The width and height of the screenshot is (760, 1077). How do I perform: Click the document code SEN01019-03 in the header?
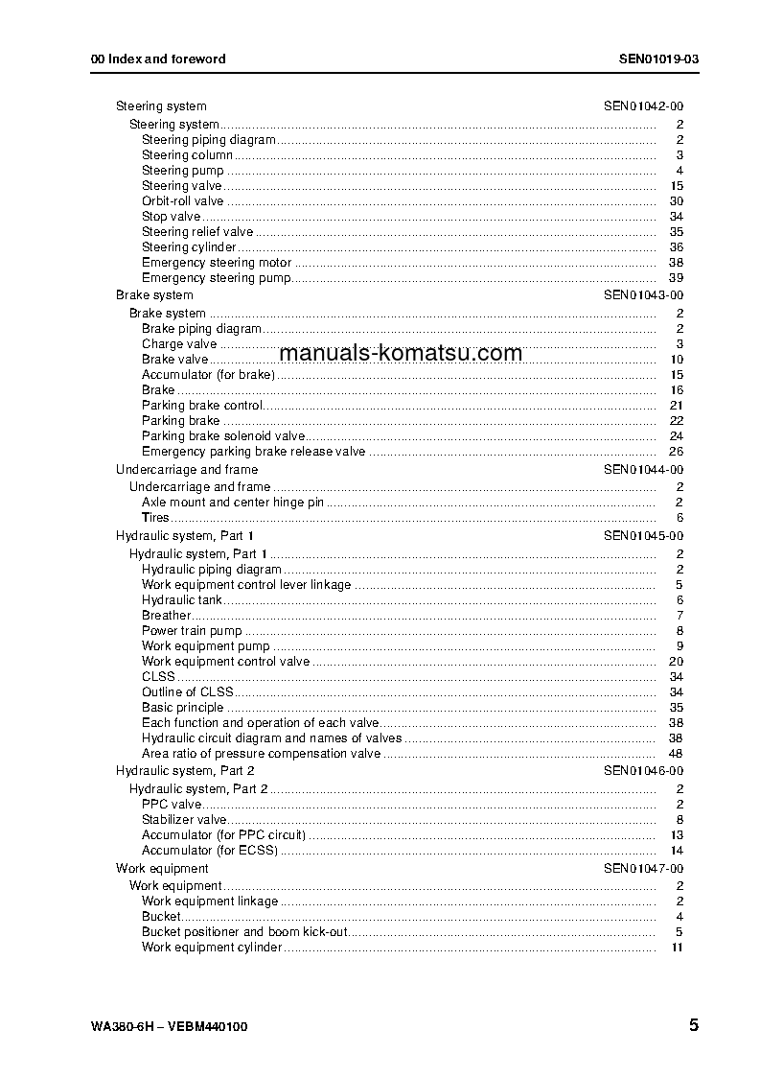pos(658,59)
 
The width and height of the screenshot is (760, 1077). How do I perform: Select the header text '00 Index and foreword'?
pos(158,59)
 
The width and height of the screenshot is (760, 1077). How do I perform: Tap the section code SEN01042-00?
pos(643,106)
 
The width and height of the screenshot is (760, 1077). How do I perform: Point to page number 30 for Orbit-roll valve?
pos(676,201)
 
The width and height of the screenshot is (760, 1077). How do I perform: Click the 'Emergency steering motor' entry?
pos(217,263)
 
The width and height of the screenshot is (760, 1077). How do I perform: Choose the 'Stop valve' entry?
pos(171,217)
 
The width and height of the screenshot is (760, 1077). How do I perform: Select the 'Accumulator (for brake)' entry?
pos(208,375)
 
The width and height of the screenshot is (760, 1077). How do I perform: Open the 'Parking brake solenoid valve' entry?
pos(223,436)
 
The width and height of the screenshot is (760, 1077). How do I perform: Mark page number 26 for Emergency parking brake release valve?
pos(676,452)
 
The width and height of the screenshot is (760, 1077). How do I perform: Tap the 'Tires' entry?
pos(155,518)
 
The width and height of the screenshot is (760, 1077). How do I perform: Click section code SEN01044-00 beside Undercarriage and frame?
pos(643,470)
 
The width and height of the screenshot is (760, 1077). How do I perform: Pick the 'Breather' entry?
pos(166,616)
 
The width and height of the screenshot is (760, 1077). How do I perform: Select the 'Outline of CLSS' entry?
pos(188,692)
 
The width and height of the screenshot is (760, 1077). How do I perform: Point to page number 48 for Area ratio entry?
pos(676,754)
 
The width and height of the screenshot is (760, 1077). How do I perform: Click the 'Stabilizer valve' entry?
pos(184,820)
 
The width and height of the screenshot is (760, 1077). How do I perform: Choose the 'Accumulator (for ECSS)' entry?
pos(210,851)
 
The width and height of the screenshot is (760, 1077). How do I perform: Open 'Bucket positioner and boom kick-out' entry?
pos(244,932)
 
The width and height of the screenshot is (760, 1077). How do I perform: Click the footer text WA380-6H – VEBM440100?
pos(170,1026)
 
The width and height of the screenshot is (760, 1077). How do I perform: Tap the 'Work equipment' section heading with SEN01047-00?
pos(149,869)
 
